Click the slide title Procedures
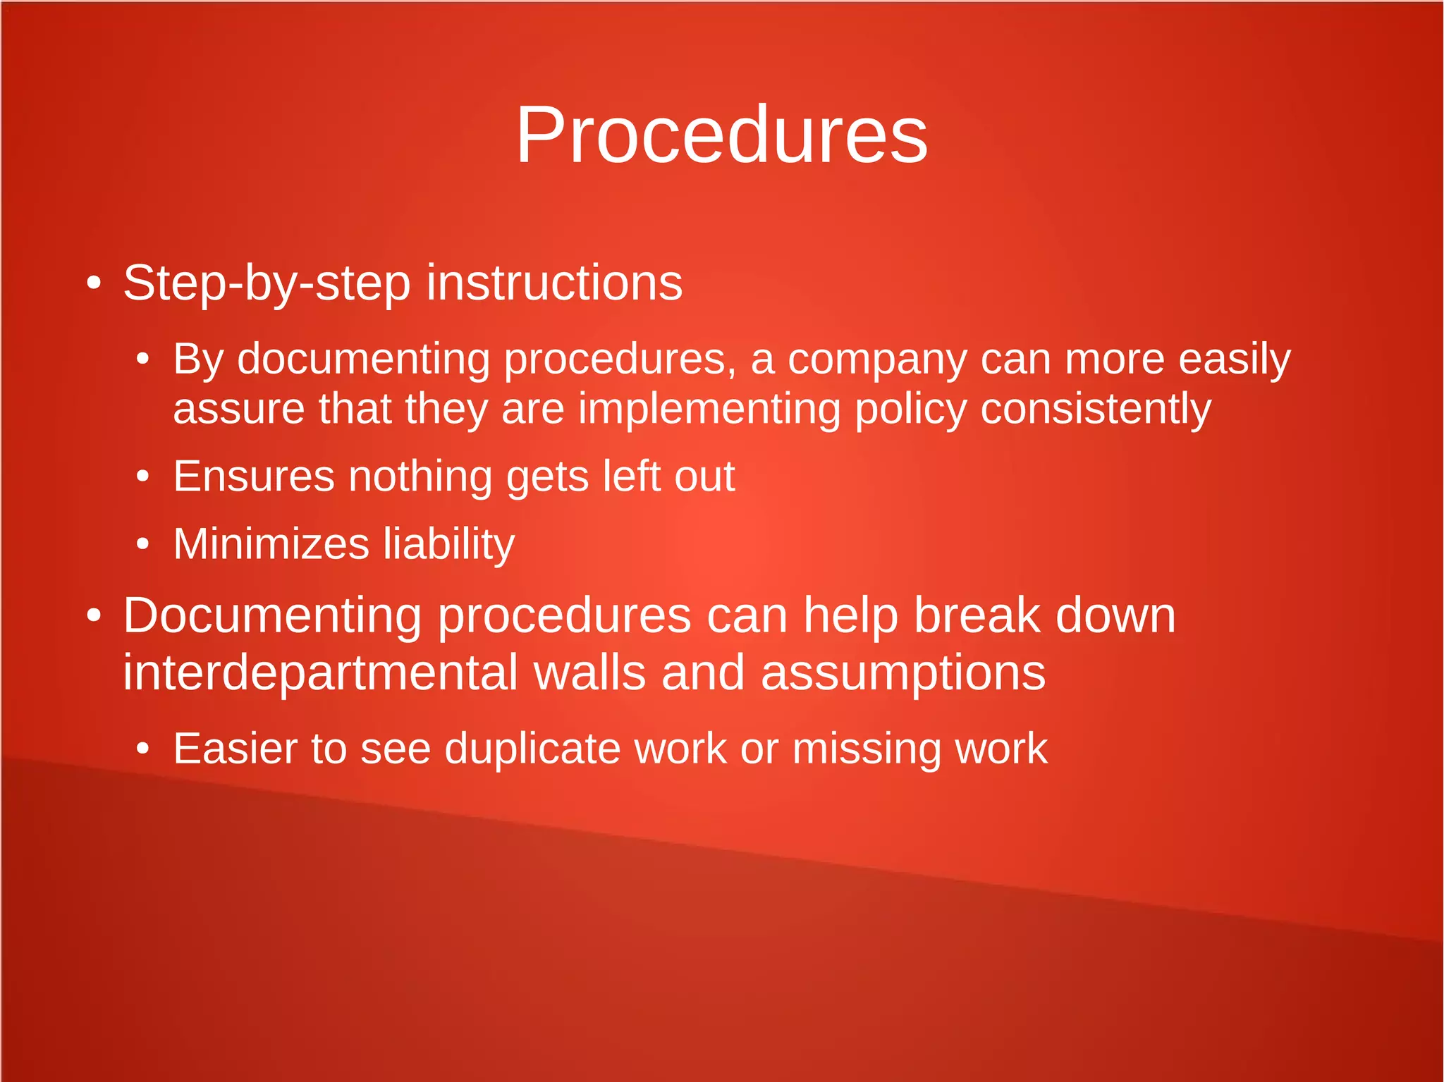click(721, 135)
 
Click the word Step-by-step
click(267, 283)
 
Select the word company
click(877, 359)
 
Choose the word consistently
click(1096, 410)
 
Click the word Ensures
click(254, 477)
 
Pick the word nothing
click(420, 477)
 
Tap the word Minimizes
click(271, 544)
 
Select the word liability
click(449, 544)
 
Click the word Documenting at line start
click(272, 616)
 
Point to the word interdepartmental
click(321, 673)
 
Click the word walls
click(589, 673)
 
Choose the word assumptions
click(903, 673)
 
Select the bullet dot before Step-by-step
click(94, 284)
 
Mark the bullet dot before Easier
click(143, 749)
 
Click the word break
click(977, 616)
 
